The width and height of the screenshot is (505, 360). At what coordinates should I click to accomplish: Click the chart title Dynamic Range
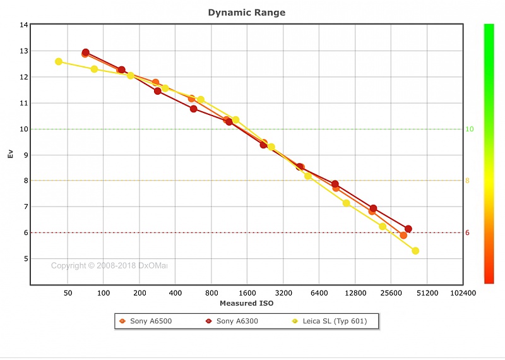coord(247,12)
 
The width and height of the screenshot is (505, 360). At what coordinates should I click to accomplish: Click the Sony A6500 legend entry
coord(150,321)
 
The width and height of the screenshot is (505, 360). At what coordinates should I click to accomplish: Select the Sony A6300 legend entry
coord(237,321)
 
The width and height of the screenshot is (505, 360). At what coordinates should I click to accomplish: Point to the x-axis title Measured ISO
coord(247,304)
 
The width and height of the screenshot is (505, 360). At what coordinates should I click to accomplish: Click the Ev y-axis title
coord(10,155)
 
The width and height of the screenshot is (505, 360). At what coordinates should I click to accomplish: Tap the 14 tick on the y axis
coord(24,25)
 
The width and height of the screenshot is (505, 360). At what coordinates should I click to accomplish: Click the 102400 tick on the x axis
coord(463,294)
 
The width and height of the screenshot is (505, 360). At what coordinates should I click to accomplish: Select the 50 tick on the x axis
coord(68,294)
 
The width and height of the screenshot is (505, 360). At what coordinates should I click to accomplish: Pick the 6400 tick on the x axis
coord(319,294)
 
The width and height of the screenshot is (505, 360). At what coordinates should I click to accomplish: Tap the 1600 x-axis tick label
coord(247,294)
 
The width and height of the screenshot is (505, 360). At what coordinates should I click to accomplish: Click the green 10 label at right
coord(470,129)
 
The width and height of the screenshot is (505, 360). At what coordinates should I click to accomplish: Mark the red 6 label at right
coord(468,233)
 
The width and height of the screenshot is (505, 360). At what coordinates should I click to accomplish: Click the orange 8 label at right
coord(468,181)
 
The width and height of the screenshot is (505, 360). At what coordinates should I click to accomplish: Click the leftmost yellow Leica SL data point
coord(59,61)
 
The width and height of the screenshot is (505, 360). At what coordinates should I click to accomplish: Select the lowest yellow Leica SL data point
coord(415,251)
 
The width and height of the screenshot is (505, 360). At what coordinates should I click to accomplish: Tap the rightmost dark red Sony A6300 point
coord(408,229)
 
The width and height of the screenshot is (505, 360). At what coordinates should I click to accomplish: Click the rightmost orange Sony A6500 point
coord(403,235)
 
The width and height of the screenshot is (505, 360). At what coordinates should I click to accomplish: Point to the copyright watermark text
coord(109,266)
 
